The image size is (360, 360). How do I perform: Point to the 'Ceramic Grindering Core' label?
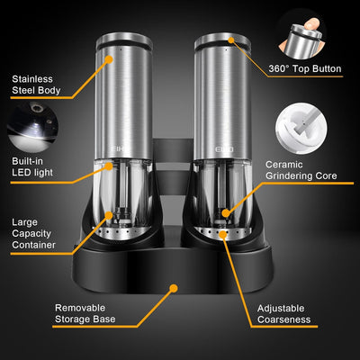[301, 170]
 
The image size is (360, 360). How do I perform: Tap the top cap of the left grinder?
[130, 40]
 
